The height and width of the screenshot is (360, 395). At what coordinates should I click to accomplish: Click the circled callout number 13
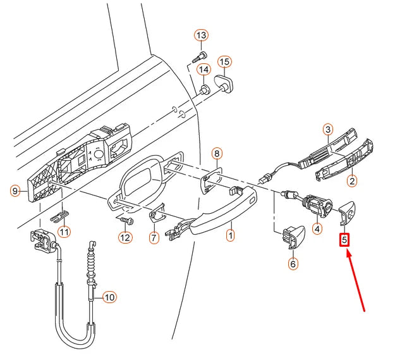point(201,35)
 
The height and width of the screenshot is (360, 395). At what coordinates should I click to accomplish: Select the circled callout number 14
point(204,69)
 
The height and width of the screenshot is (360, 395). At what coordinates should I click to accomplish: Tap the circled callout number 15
point(225,62)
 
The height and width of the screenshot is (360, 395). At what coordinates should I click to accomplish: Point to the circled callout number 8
point(216,153)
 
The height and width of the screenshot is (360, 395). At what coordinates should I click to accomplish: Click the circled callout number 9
point(16,190)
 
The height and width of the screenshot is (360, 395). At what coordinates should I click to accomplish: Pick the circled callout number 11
point(66,231)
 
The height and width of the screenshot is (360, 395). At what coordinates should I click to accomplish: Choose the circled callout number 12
point(125,238)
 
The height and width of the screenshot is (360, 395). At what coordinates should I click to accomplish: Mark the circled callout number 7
point(153,238)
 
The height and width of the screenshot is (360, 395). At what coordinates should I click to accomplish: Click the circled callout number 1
point(231,236)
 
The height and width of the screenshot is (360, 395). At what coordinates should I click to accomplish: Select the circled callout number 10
point(109,296)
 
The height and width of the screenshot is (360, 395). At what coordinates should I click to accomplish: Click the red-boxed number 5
point(344,240)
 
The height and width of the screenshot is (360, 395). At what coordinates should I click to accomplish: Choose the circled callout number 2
point(351,180)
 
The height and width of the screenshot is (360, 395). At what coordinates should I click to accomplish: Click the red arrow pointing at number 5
point(357,282)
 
